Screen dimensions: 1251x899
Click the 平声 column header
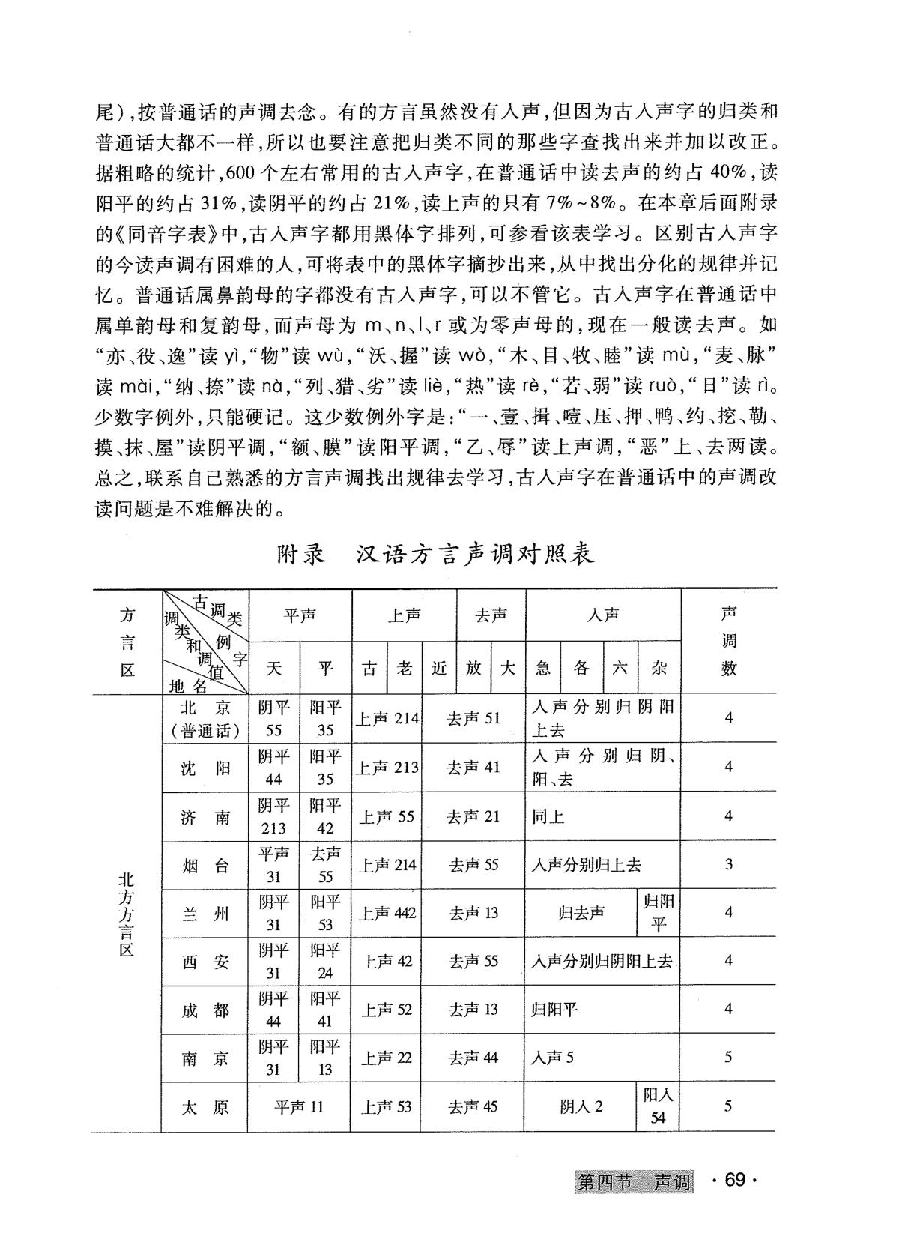point(300,615)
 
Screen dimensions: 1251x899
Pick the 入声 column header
point(603,615)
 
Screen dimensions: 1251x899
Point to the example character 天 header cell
point(274,667)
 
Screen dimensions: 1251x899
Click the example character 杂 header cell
point(659,667)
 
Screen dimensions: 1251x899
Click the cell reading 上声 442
point(387,914)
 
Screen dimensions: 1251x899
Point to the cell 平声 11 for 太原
point(300,1107)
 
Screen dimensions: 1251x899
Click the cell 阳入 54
point(659,1106)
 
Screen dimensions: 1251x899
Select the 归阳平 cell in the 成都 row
point(554,1010)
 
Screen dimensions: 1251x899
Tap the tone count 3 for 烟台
point(729,865)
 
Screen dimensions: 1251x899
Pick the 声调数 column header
point(729,641)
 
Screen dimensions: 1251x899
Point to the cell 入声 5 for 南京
point(553,1058)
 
